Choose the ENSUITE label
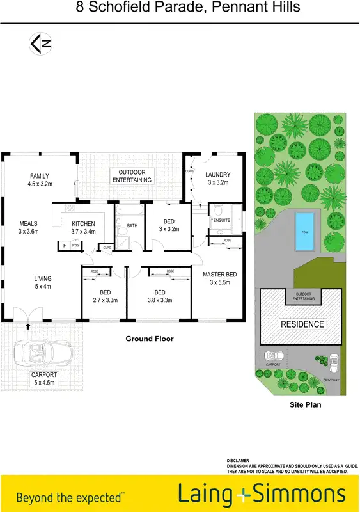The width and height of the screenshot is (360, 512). click(x=222, y=220)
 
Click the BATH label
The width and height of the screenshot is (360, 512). click(x=132, y=225)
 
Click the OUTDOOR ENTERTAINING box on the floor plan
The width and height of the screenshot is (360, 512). click(x=132, y=176)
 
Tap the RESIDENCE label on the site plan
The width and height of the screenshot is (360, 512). click(x=302, y=324)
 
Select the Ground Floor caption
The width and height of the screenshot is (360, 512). click(x=150, y=339)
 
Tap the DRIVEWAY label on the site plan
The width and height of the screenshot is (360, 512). click(x=331, y=380)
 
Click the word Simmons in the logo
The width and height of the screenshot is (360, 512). click(x=299, y=495)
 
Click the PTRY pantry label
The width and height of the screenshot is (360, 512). click(x=75, y=245)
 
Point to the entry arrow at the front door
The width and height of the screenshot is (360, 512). click(x=27, y=326)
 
